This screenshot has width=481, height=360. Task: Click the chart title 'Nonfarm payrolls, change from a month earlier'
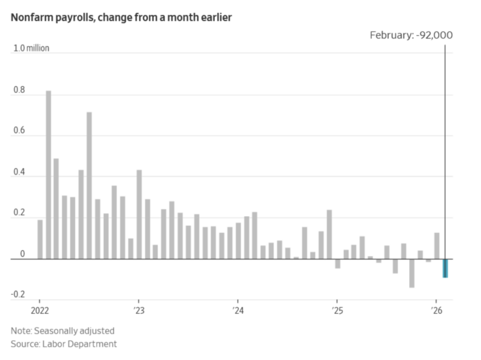click(x=121, y=17)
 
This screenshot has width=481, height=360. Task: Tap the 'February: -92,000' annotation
click(x=411, y=35)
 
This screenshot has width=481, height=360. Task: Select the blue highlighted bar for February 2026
click(x=444, y=268)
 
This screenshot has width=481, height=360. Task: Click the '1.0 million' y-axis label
click(x=31, y=49)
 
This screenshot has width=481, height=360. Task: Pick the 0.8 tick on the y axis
click(x=19, y=91)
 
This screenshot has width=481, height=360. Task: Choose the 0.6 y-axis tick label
click(x=19, y=132)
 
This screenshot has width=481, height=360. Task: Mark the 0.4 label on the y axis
click(x=19, y=173)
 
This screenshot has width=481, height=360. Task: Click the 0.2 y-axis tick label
click(x=19, y=214)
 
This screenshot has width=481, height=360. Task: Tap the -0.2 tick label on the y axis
click(x=17, y=295)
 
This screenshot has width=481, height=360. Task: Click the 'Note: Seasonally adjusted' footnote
click(x=62, y=331)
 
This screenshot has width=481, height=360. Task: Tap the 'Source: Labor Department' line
click(x=63, y=345)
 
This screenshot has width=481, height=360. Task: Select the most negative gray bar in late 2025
click(x=412, y=273)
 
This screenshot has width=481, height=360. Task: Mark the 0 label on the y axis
click(x=22, y=255)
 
